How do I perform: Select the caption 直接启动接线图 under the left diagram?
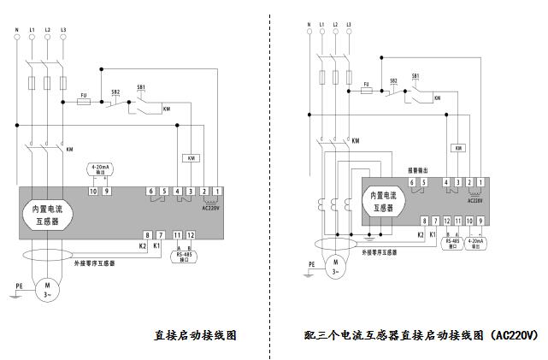(x=195, y=334)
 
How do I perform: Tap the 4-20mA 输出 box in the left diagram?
(x=100, y=169)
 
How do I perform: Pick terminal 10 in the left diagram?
(x=94, y=191)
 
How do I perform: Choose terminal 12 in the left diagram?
(x=191, y=235)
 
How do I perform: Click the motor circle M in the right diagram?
(x=336, y=263)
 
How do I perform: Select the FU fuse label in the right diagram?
(x=366, y=84)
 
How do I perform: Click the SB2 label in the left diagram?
(x=115, y=91)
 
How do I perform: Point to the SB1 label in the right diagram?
(x=415, y=76)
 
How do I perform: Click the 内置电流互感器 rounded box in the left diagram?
(x=46, y=213)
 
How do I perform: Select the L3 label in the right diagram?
(x=351, y=24)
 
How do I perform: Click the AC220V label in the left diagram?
(x=210, y=207)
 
